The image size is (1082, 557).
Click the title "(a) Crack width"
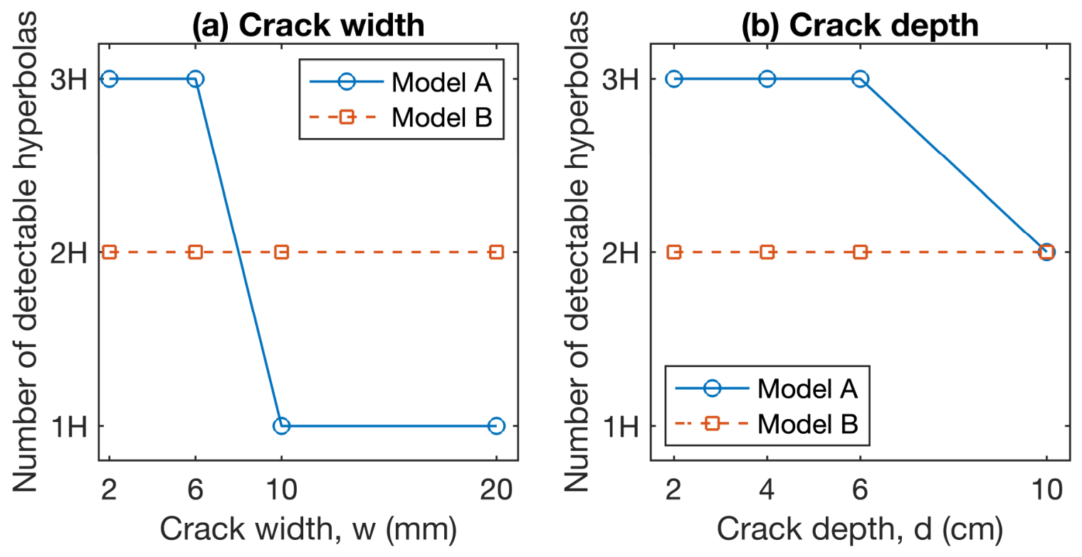(308, 25)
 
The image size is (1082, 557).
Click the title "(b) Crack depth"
(860, 25)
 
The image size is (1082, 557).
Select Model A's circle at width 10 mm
(281, 425)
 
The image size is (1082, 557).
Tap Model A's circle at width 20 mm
(496, 425)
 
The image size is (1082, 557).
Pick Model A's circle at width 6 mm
(195, 79)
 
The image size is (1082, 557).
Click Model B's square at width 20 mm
(496, 252)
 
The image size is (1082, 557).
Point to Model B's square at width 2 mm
(109, 252)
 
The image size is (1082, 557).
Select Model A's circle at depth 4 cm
(767, 79)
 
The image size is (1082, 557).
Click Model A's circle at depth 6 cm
(861, 79)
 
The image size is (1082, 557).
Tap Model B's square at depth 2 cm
(674, 252)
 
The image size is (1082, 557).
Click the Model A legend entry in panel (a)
(401, 82)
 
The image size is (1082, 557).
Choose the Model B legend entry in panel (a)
(401, 117)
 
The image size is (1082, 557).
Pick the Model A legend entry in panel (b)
(767, 388)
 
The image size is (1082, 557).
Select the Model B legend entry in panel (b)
(767, 424)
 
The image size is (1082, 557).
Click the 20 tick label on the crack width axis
(496, 490)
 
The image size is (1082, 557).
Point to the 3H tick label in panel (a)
(69, 79)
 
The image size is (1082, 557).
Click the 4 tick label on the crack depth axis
(767, 490)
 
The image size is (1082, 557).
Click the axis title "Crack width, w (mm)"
(308, 529)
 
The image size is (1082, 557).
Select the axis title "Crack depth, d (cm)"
(860, 529)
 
